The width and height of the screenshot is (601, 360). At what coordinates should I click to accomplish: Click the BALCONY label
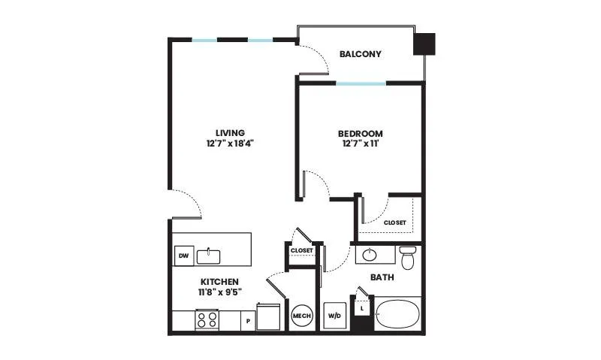click(361, 54)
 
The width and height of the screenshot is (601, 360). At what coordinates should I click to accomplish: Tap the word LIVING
click(230, 133)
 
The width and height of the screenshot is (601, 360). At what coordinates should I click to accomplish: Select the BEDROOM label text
click(361, 134)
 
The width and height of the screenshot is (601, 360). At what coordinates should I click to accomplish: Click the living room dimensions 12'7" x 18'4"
click(230, 144)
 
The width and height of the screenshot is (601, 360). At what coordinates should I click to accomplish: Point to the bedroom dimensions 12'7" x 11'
click(361, 144)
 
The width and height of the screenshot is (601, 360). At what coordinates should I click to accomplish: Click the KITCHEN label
click(219, 282)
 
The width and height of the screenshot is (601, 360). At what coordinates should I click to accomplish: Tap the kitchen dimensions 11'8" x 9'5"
click(219, 292)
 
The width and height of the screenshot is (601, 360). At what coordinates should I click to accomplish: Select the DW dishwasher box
click(184, 256)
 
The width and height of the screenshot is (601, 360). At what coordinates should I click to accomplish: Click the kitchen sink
click(209, 256)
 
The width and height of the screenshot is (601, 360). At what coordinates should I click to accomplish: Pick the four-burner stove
click(207, 319)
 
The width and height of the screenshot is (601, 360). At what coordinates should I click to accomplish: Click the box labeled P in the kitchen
click(248, 321)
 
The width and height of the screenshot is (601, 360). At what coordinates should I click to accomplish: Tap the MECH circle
click(302, 316)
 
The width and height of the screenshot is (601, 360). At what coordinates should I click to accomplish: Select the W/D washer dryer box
click(334, 316)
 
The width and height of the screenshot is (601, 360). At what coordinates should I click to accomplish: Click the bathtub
click(397, 314)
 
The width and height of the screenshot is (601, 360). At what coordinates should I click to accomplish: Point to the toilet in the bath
click(407, 257)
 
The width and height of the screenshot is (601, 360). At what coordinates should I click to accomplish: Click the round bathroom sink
click(370, 255)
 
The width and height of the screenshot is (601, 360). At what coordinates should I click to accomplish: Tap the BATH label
click(382, 277)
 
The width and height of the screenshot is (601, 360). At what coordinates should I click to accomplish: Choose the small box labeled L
click(362, 308)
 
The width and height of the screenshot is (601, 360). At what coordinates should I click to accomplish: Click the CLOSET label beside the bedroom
click(395, 222)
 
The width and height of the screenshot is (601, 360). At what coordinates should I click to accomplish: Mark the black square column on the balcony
click(424, 44)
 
